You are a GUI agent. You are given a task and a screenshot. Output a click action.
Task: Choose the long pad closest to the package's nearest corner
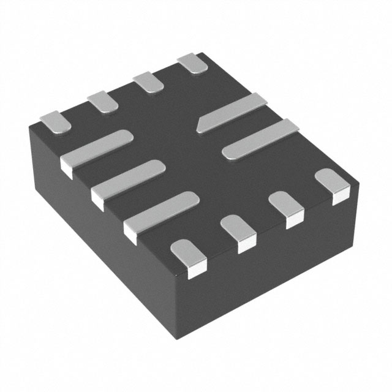coord(162,212)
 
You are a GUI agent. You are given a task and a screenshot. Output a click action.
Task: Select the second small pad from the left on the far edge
coord(102,101)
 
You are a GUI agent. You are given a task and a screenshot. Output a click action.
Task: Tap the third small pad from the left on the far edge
coord(148,81)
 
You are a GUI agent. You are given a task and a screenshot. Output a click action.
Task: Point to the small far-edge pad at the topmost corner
coord(191,63)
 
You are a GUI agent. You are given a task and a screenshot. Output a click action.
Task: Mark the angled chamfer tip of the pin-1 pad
coord(200,127)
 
